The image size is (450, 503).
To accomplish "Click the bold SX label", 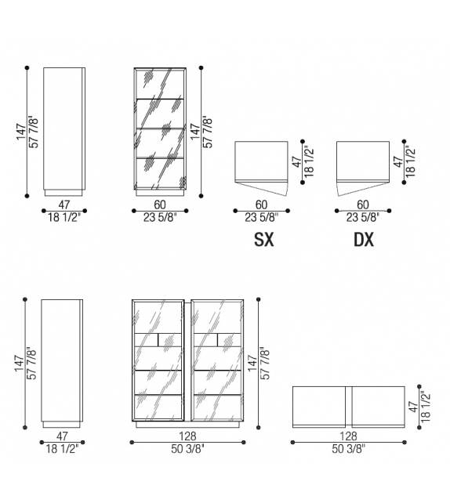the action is tap(264, 239).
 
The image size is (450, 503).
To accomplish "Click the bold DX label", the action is tap(364, 239).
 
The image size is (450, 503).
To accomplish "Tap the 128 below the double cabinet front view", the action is tap(187, 436).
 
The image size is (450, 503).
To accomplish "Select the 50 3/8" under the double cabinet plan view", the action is tap(349, 449).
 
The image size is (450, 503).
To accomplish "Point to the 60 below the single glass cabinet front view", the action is tap(160, 204).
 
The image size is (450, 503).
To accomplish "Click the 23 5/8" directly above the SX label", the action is tap(262, 218).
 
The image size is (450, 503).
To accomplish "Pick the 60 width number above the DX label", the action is tap(363, 204).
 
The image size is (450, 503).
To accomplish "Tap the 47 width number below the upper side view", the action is tap(64, 204).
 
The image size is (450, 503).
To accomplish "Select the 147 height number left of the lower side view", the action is tap(20, 364).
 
